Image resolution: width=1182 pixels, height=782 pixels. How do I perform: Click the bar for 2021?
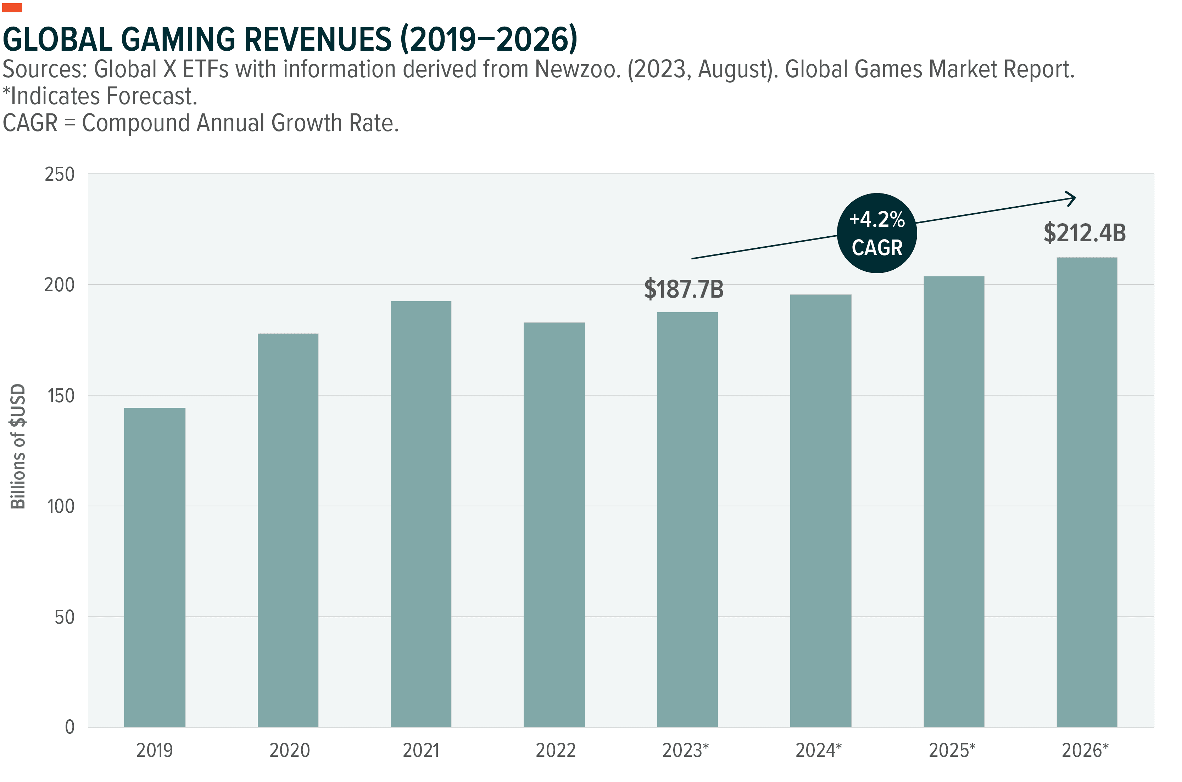[x=420, y=514]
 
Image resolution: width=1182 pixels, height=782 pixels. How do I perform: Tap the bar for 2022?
[x=554, y=525]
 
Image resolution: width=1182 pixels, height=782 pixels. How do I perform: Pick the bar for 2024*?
[x=820, y=511]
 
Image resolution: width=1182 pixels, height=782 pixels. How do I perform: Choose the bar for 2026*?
[x=1087, y=492]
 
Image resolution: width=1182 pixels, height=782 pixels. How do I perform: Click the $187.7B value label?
[x=684, y=289]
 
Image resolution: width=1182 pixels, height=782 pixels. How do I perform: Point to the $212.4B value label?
[x=1084, y=233]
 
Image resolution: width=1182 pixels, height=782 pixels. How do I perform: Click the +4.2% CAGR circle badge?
[x=877, y=233]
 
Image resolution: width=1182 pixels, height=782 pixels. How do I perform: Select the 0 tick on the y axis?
[x=69, y=727]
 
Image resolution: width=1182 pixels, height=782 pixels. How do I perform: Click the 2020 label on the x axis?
[x=289, y=750]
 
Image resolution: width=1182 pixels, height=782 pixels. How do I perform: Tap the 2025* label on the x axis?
[x=952, y=750]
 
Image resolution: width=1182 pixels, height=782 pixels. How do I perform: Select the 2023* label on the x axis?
[x=685, y=750]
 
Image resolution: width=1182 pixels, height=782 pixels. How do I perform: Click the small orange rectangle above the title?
[x=12, y=7]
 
